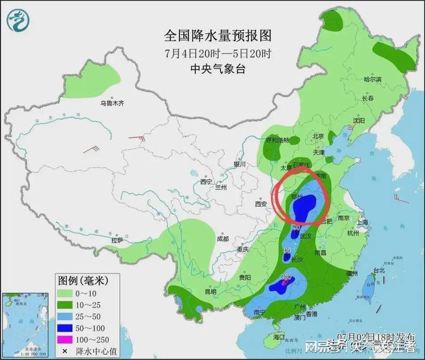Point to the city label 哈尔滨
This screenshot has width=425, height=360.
pos(372,79)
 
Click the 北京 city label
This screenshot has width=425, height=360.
pos(317,136)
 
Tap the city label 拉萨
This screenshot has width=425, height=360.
pos(117,240)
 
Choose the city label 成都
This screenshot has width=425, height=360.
pos(222,238)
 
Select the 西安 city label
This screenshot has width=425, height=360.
pos(260,204)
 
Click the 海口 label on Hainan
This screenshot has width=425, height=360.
pos(279,337)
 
